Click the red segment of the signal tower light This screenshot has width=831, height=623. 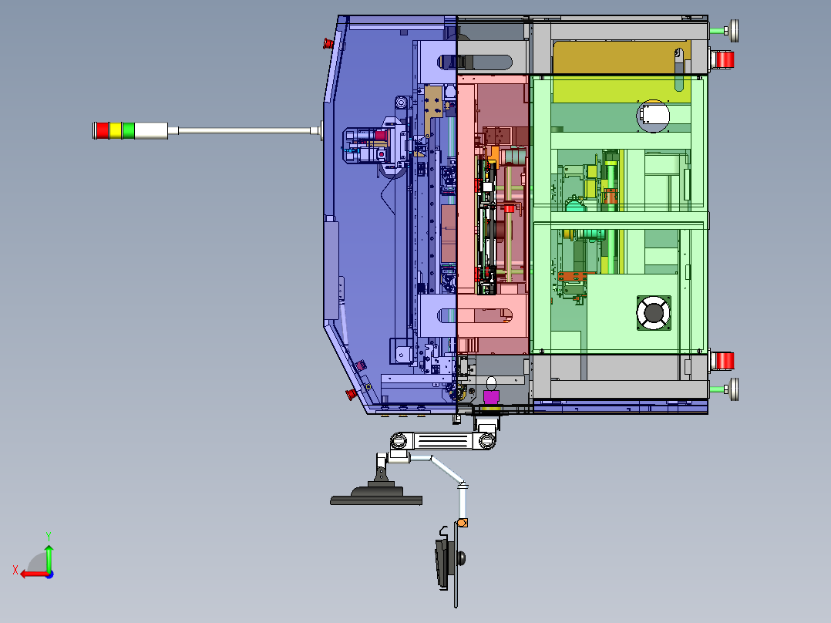[101, 130]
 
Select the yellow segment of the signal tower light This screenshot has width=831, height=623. [115, 130]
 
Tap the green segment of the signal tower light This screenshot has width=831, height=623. [128, 130]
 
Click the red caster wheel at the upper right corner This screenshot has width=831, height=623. [722, 59]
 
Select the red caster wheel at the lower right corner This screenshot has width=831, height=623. [722, 360]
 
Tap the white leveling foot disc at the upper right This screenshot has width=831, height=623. [734, 30]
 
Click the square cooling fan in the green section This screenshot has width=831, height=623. [653, 313]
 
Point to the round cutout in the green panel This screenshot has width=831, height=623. [653, 116]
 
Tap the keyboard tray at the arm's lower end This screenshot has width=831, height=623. [442, 564]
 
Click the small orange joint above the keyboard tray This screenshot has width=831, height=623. [462, 523]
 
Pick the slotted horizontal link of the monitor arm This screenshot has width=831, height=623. [442, 441]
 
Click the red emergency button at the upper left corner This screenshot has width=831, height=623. [327, 42]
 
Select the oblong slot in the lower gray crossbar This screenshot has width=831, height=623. [474, 315]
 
